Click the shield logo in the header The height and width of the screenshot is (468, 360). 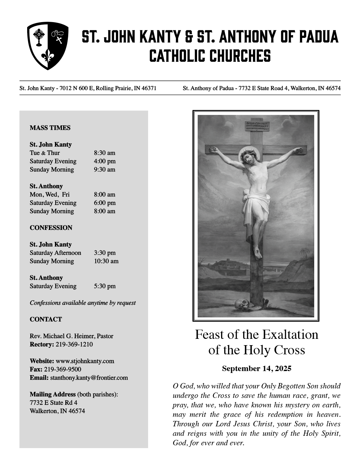click(48, 45)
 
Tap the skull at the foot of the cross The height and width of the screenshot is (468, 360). click(242, 305)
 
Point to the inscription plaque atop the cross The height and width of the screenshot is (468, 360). click(256, 126)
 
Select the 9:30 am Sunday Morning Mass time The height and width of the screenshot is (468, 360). click(105, 170)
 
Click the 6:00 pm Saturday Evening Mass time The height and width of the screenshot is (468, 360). click(105, 203)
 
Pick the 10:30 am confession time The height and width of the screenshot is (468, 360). click(106, 261)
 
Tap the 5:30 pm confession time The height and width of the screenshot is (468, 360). click(105, 286)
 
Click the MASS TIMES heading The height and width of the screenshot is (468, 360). click(50, 128)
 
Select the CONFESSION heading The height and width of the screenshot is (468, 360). click(51, 228)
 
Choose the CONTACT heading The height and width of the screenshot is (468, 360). click(46, 319)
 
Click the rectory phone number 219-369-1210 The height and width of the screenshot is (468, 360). click(74, 344)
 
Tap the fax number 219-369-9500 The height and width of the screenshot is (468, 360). click(62, 369)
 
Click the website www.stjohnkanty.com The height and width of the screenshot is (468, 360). click(85, 361)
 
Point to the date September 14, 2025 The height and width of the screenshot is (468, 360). click(256, 369)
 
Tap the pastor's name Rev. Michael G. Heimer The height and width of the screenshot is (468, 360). click(62, 336)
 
